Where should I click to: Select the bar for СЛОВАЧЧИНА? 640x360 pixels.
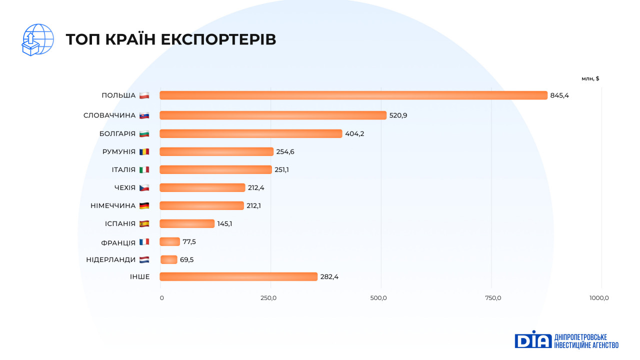coord(272,115)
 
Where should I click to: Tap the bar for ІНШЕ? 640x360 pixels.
coord(238,276)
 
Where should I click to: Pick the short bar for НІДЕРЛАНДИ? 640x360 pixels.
coord(169,259)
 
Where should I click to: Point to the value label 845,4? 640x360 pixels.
coord(559,95)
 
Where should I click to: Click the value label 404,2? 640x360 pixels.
coord(354,133)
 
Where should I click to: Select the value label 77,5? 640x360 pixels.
coord(189,241)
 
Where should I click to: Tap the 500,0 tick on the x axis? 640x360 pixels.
coord(378,298)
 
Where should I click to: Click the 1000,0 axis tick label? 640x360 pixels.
coord(599,298)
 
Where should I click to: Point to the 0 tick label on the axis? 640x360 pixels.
coord(161,298)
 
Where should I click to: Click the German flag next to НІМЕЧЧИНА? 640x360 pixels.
coord(144,205)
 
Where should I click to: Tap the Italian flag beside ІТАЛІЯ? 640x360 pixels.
coord(144,169)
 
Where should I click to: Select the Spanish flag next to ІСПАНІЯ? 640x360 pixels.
coord(144,223)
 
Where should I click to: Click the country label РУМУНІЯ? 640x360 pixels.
coord(119,151)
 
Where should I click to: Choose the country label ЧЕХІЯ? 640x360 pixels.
coord(125,187)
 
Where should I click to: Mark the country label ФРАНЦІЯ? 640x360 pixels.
coord(118,242)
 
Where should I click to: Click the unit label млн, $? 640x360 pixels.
coord(590,78)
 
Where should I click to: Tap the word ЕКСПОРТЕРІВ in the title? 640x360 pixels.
coord(218,40)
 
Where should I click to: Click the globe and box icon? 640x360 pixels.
coord(37,39)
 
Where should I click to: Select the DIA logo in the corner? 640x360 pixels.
coord(532,339)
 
